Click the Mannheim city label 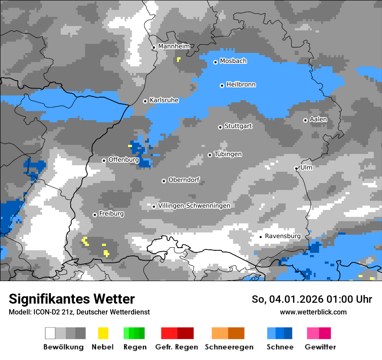point(174,46)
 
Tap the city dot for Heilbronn point(222,85)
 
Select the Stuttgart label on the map point(238,126)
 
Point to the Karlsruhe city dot point(145,101)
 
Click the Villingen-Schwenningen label point(194,206)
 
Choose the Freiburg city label point(111,214)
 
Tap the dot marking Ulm point(296,168)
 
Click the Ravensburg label point(283,236)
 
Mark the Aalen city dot point(305,120)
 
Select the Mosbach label point(233,61)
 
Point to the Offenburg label point(123,160)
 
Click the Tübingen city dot point(210,155)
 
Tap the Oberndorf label point(184,180)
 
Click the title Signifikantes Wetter point(72,299)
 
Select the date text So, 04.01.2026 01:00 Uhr point(312,299)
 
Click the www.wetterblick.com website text point(313,312)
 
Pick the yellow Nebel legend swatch point(103,333)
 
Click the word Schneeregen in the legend point(229,347)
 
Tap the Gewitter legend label point(320,347)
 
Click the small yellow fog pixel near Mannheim point(178,59)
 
